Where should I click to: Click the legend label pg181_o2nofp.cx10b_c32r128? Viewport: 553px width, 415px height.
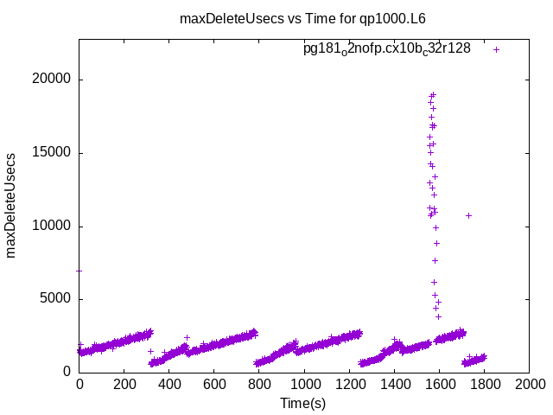click(386, 48)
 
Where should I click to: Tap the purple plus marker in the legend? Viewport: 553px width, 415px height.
click(497, 49)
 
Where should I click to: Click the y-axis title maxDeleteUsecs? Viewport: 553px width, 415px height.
click(12, 206)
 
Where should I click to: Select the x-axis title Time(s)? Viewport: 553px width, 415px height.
click(303, 404)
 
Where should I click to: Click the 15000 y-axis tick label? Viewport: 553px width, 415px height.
click(53, 153)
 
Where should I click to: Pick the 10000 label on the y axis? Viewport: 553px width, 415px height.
click(53, 227)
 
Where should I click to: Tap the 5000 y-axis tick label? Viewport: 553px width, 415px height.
click(57, 299)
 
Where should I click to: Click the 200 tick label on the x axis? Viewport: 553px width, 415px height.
click(124, 386)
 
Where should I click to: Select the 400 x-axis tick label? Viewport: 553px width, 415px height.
click(169, 386)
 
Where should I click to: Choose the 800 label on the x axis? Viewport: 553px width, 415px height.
click(259, 386)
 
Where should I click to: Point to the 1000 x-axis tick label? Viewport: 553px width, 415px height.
click(304, 386)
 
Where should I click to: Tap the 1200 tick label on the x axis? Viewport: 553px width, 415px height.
click(349, 386)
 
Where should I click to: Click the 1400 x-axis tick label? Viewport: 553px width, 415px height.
click(394, 386)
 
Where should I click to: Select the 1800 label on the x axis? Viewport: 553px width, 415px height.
click(484, 386)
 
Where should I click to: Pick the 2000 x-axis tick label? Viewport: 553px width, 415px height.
click(529, 386)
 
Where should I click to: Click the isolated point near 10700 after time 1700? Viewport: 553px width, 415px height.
click(468, 215)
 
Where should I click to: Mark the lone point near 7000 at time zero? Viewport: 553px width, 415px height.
click(79, 271)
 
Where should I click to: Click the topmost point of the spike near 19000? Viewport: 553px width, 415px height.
click(433, 94)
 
